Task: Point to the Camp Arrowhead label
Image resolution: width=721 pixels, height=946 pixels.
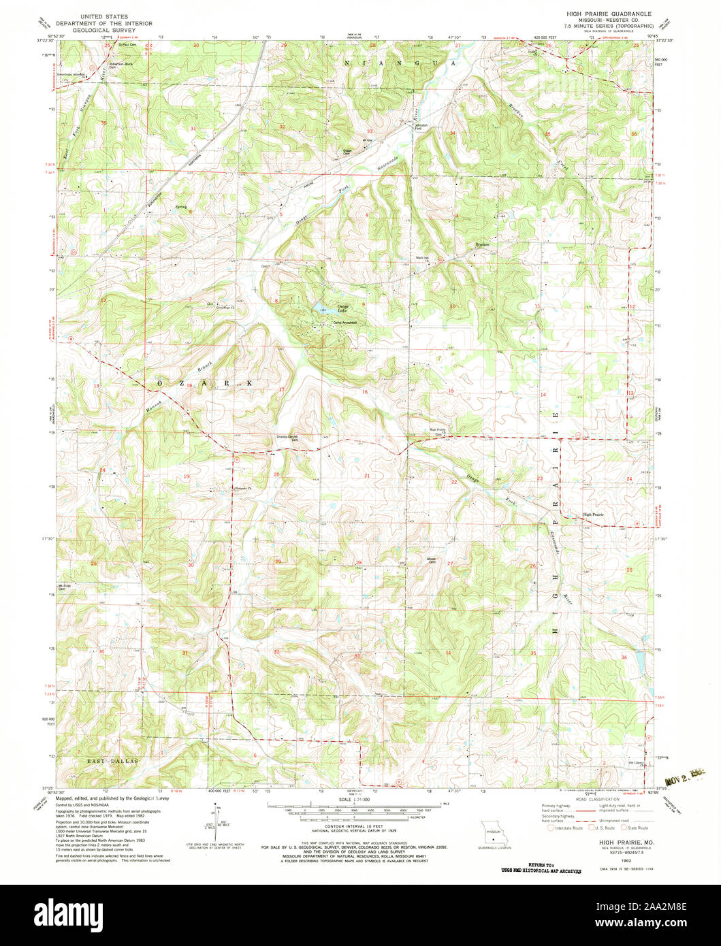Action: coord(345,323)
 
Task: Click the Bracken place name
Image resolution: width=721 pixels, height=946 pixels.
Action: coord(483,244)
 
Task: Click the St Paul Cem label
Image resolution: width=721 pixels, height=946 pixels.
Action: coord(129,46)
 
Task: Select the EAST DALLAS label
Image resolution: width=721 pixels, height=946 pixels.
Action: coord(112,760)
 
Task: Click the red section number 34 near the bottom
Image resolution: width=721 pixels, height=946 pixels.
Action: coord(448,653)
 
